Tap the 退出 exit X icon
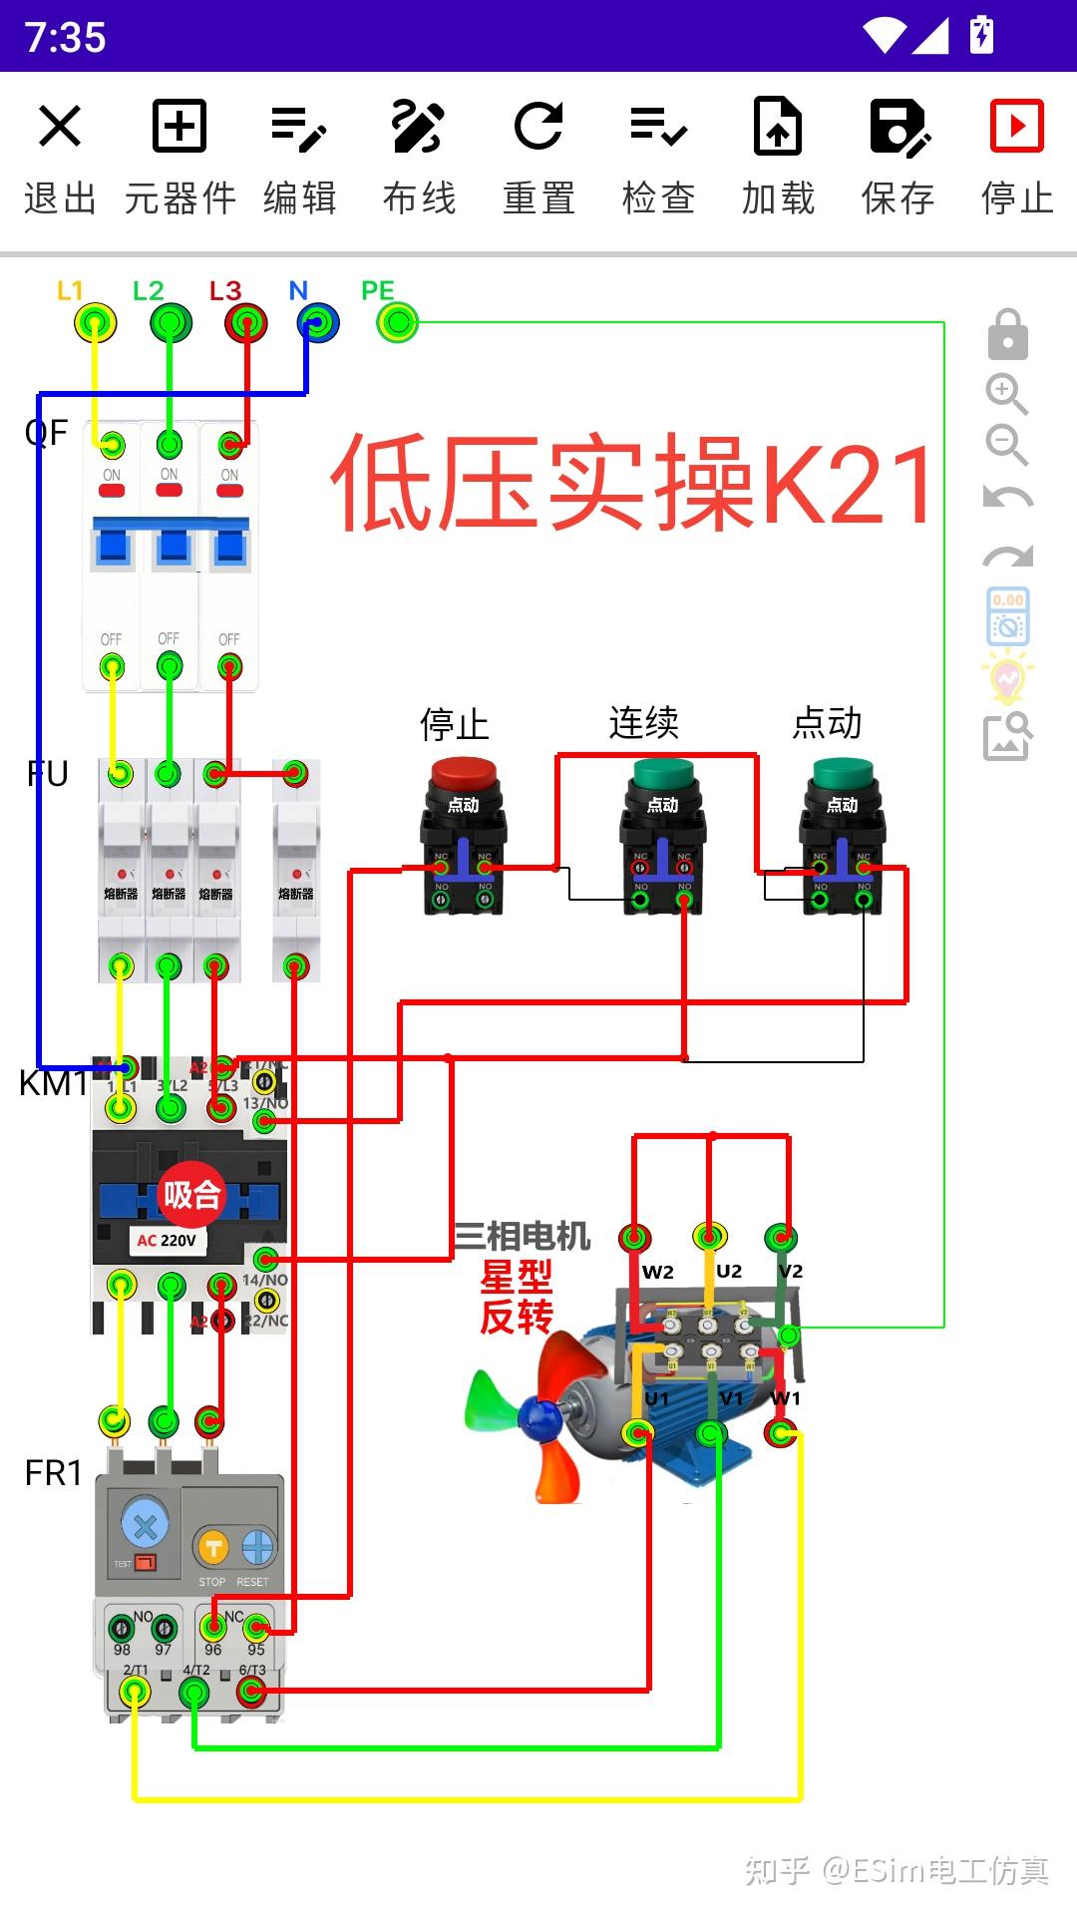click(x=60, y=127)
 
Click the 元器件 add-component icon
click(x=179, y=127)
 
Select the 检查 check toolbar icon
click(x=658, y=127)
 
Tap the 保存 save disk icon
click(x=898, y=127)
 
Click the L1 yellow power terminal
click(x=95, y=323)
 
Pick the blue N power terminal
click(x=318, y=323)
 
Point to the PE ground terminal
click(x=398, y=322)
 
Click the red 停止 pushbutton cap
click(x=464, y=774)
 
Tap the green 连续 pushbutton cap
click(x=663, y=774)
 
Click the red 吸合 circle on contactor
click(x=190, y=1194)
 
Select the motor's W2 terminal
click(x=634, y=1239)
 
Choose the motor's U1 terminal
click(x=637, y=1433)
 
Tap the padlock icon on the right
click(x=1007, y=335)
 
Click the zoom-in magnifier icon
click(x=1006, y=394)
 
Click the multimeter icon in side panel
click(x=1008, y=616)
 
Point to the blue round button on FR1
click(x=145, y=1525)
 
